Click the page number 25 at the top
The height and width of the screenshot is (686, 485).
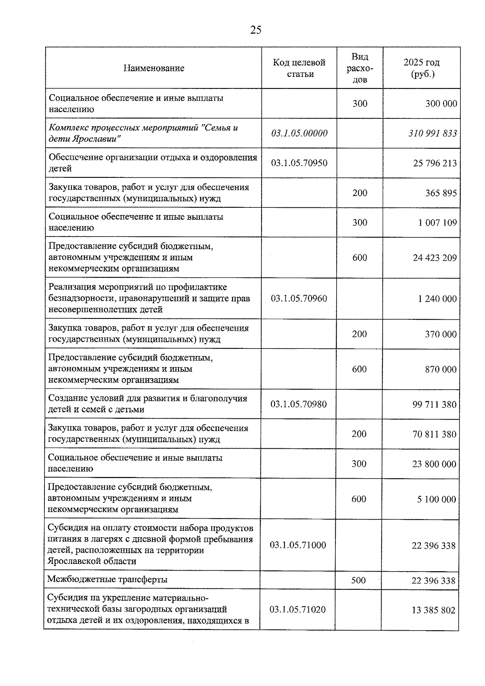(256, 30)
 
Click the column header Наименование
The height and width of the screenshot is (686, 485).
(154, 68)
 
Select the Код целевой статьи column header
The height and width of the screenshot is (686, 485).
(299, 68)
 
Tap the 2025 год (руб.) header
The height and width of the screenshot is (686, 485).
(422, 68)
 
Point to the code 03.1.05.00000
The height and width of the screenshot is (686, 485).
(299, 133)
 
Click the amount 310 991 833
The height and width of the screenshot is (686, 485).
(432, 133)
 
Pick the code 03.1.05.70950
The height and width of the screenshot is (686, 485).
(299, 163)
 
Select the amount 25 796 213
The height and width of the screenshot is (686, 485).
(435, 163)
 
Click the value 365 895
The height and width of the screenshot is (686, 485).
(441, 193)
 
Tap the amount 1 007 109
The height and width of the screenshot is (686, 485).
(438, 222)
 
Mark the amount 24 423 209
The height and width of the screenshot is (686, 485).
(435, 258)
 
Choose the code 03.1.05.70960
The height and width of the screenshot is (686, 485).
(299, 298)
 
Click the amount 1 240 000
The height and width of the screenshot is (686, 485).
(437, 299)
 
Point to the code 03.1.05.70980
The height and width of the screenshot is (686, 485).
(298, 404)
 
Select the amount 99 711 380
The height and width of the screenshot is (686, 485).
(434, 404)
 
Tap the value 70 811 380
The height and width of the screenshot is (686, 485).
(434, 434)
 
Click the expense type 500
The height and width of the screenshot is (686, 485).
(358, 580)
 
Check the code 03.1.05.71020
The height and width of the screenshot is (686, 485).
(297, 609)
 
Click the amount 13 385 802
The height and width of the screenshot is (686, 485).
(434, 610)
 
